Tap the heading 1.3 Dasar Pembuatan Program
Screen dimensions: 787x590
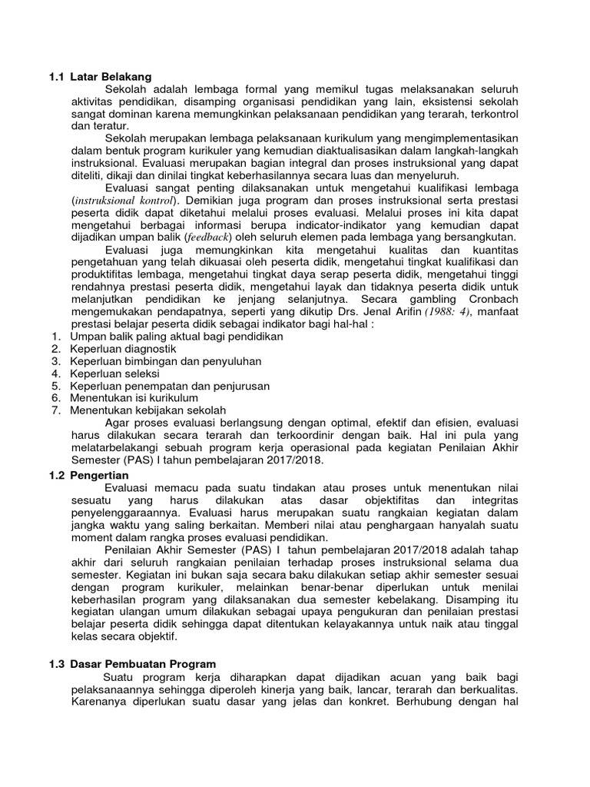point(129,663)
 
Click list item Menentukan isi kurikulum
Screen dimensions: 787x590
point(134,398)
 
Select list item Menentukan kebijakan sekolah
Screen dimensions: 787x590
point(148,410)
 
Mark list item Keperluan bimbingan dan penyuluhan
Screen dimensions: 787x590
point(166,360)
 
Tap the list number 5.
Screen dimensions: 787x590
point(56,386)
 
